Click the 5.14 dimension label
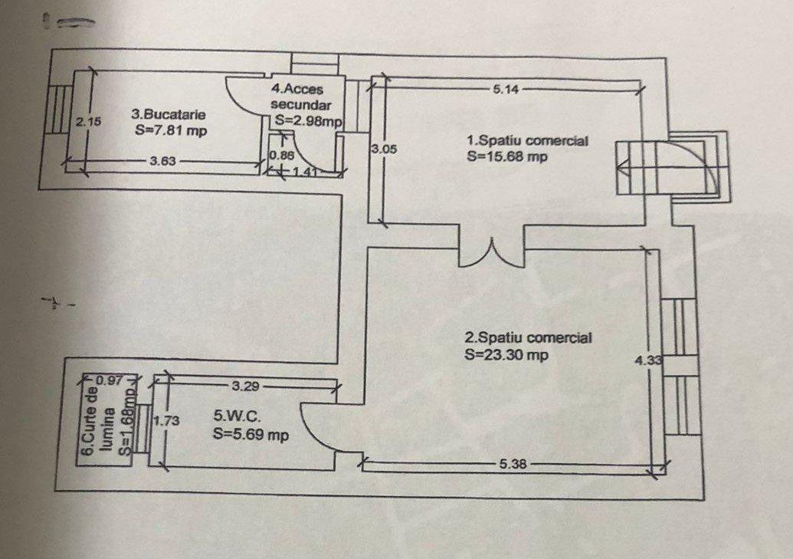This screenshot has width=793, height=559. pos(506,90)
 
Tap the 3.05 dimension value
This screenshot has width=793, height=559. pos(384,150)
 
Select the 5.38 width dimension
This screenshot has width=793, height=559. pos(513,463)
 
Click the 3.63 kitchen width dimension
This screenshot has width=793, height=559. pos(163,161)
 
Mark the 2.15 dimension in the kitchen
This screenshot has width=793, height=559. pos(88,121)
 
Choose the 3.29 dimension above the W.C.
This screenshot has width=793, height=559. pos(245,386)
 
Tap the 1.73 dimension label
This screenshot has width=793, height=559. pos(166,421)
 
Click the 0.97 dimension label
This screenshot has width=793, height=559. pos(110,380)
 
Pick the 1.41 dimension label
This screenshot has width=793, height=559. pos(305,172)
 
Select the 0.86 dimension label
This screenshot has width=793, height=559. pos(282,156)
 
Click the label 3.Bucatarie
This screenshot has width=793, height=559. pos(169,114)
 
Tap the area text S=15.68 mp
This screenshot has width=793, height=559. pos(507,156)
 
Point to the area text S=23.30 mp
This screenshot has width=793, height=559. pos(506,354)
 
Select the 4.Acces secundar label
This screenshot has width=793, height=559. pos(300,97)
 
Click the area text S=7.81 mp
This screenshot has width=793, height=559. pos(171,130)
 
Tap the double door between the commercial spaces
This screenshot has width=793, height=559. pos(490,252)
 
